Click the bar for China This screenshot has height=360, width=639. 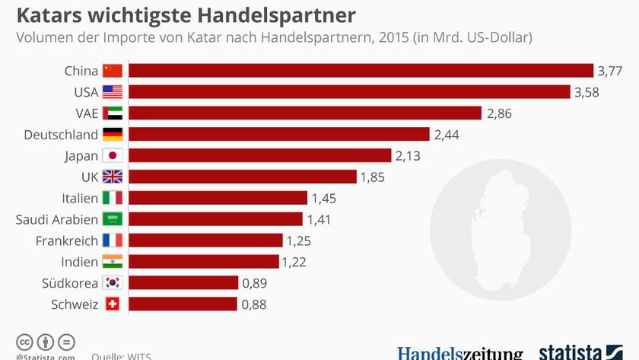pyautogui.click(x=361, y=71)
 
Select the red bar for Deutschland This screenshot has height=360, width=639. pyautogui.click(x=279, y=135)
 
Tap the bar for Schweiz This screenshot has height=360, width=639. pyautogui.click(x=183, y=304)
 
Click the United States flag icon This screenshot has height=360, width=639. pyautogui.click(x=113, y=92)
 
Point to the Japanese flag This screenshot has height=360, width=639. pyautogui.click(x=113, y=156)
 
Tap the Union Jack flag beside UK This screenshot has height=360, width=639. pyautogui.click(x=113, y=177)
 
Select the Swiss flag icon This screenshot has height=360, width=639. pyautogui.click(x=113, y=304)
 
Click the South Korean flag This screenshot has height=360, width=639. pyautogui.click(x=113, y=283)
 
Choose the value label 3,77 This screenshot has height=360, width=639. pyautogui.click(x=610, y=72)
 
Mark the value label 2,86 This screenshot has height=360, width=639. pyautogui.click(x=499, y=113)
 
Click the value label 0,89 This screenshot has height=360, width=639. pyautogui.click(x=254, y=283)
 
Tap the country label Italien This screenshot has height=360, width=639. pyautogui.click(x=80, y=199)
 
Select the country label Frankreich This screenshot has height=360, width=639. pyautogui.click(x=67, y=241)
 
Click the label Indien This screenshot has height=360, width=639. pyautogui.click(x=79, y=262)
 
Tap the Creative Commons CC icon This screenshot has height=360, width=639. pyautogui.click(x=24, y=342)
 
